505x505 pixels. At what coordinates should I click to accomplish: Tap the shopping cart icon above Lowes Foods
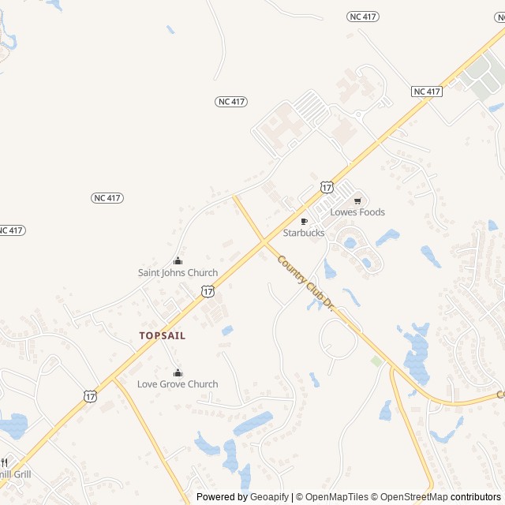pos(357,200)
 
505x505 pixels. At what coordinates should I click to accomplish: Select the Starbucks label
pos(304,233)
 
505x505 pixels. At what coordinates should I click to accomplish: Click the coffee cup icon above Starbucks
pos(304,222)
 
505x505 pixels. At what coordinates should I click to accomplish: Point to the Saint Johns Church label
pos(178,273)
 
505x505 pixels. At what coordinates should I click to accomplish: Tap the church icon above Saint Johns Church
pos(178,261)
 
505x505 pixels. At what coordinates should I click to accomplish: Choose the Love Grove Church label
pos(178,384)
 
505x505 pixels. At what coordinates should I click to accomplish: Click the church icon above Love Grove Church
pos(178,372)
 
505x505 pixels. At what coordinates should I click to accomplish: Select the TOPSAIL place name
pos(163,335)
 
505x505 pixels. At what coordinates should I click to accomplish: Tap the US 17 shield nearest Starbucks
pos(327,187)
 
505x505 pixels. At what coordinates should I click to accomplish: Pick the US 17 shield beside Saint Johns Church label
pos(208,291)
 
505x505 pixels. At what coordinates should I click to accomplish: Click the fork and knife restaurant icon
pos(4,462)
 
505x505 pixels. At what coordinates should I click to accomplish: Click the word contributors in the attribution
pos(476,497)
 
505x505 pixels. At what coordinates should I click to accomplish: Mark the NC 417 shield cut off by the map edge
pos(10,230)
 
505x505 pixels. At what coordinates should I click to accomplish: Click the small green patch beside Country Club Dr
pos(377,361)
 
